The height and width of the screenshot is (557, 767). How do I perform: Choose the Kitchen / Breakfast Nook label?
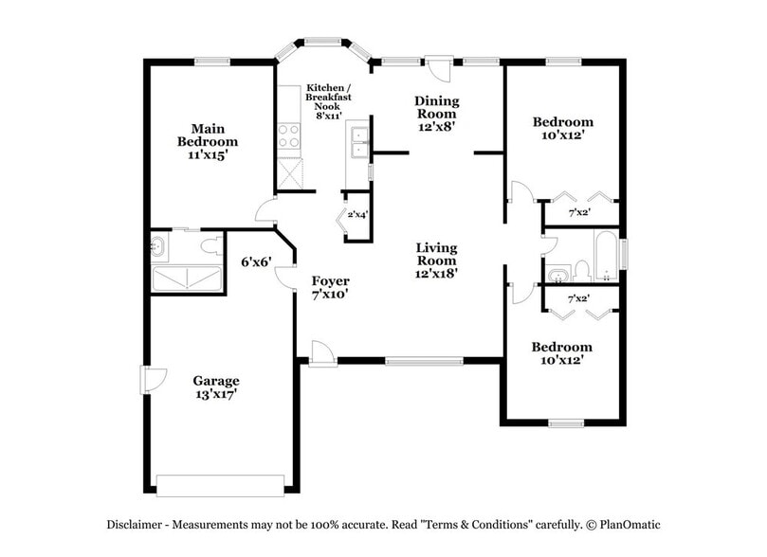click(x=324, y=97)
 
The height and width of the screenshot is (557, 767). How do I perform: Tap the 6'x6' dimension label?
click(x=256, y=261)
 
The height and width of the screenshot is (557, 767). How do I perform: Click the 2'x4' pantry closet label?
click(x=357, y=215)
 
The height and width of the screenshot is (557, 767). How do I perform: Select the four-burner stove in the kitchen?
click(x=288, y=136)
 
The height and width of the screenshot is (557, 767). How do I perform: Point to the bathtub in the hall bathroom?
click(x=606, y=256)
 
